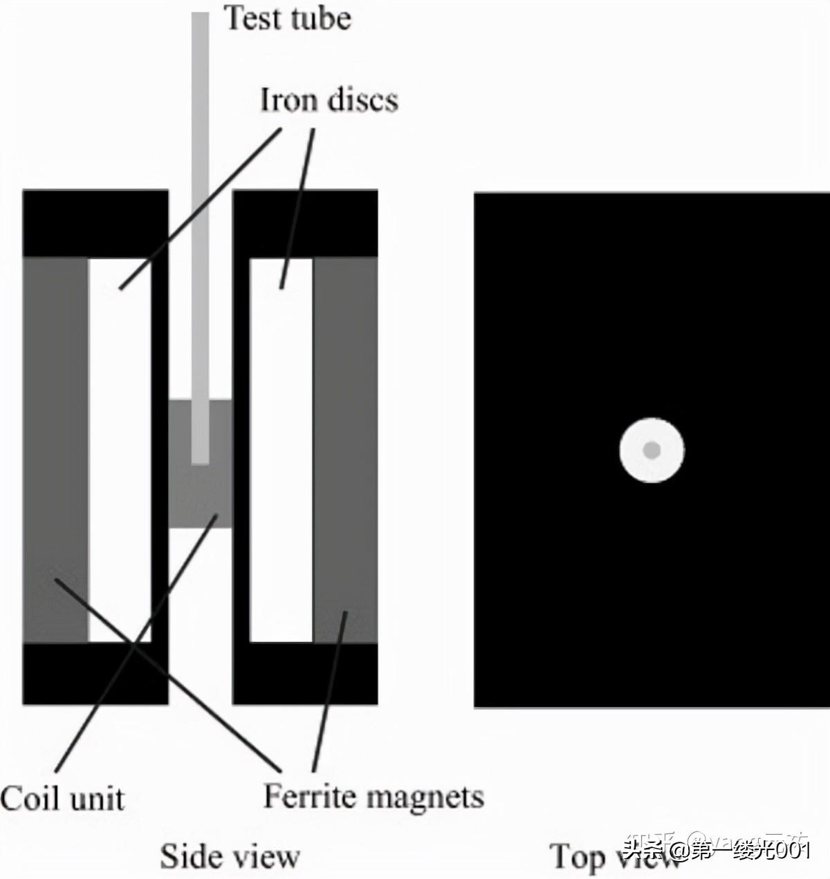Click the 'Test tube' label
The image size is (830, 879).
[288, 18]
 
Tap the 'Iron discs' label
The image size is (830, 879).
[329, 100]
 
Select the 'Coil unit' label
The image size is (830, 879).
[62, 799]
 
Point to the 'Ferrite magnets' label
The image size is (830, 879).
[373, 797]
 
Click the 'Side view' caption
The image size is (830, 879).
[230, 856]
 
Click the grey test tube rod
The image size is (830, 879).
[200, 207]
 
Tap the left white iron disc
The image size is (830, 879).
[119, 449]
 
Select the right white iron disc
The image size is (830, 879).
[281, 449]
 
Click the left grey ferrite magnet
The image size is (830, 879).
[55, 449]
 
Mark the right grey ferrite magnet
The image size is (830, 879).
[345, 449]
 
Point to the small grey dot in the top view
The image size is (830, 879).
[652, 451]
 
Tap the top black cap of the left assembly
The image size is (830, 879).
[95, 223]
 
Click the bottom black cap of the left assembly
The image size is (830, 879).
[95, 674]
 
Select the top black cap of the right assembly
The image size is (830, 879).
[306, 223]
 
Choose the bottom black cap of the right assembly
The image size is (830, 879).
[306, 674]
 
